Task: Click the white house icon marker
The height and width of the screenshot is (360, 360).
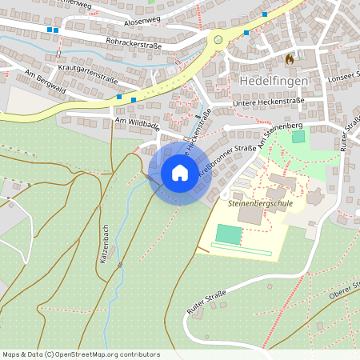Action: pyautogui.click(x=180, y=172)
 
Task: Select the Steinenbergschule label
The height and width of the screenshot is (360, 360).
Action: pyautogui.click(x=260, y=204)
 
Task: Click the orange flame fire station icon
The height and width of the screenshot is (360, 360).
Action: pyautogui.click(x=289, y=58)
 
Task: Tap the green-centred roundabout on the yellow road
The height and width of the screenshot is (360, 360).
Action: pyautogui.click(x=218, y=38)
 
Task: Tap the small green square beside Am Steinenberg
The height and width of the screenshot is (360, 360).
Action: pyautogui.click(x=298, y=136)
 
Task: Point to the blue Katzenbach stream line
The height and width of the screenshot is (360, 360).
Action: pyautogui.click(x=120, y=240)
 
